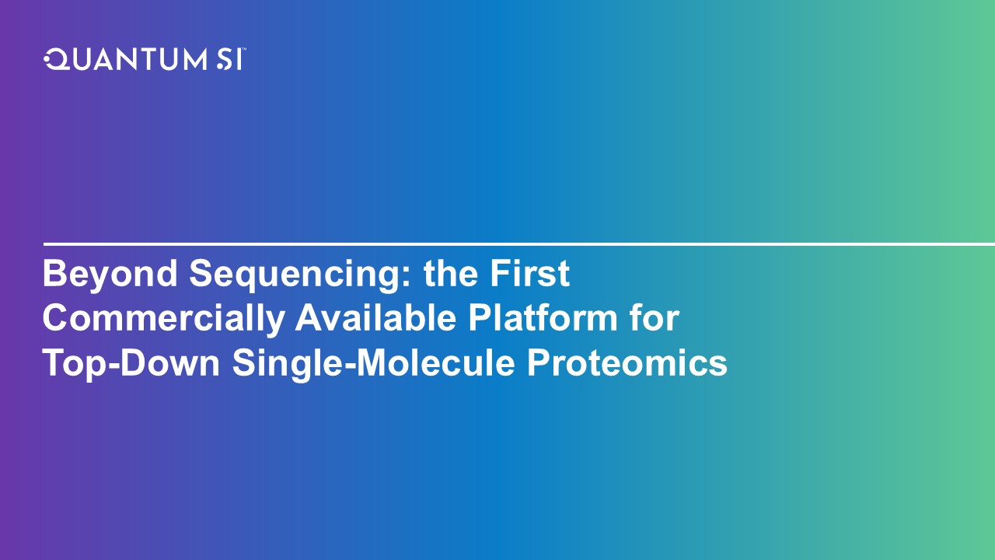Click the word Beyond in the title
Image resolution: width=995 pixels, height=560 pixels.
click(x=110, y=275)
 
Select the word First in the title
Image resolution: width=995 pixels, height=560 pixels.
click(x=529, y=273)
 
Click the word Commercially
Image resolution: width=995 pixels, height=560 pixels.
click(x=163, y=319)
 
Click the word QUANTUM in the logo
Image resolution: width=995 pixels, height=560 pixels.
click(x=126, y=60)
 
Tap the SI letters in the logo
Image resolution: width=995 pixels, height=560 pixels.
click(x=229, y=60)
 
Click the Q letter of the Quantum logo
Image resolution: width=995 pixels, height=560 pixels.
click(x=56, y=60)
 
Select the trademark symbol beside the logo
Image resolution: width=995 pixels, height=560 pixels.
click(x=244, y=50)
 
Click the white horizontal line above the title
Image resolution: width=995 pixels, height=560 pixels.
click(x=519, y=244)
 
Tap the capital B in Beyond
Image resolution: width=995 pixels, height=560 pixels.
click(x=54, y=273)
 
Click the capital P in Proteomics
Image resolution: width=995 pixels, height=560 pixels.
click(x=539, y=362)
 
